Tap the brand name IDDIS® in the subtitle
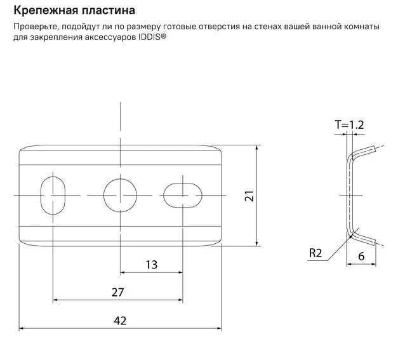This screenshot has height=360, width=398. coord(152,37)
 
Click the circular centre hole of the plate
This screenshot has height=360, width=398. coord(121,195)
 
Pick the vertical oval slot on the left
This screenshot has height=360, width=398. coord(53,196)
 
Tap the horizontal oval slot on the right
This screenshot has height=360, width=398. coord(183,196)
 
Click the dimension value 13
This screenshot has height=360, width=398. coord(152,265)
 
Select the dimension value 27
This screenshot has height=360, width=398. coord(118,293)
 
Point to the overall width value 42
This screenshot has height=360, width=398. coord(120,321)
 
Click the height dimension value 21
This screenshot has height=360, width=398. coord(249,196)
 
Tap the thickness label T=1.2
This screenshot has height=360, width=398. coord(350,125)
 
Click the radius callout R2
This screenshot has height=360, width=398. coord(315,253)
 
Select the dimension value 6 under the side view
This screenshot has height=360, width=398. coord(361,257)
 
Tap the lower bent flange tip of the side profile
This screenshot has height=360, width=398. coord(373,242)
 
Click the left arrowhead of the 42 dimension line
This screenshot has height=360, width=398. coord(22,328)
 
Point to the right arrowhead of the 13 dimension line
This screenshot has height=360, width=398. coord(180,272)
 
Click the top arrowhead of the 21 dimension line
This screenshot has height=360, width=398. coord(257,147)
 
